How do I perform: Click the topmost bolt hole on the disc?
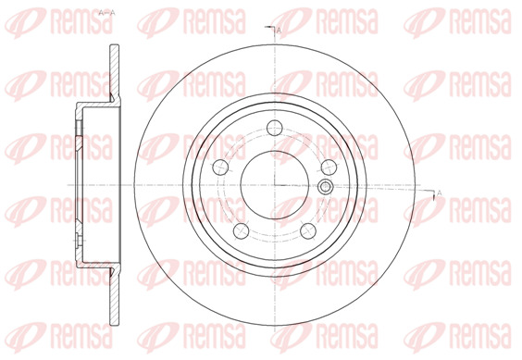275,128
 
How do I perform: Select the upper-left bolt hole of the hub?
220,167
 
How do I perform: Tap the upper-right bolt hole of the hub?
329,167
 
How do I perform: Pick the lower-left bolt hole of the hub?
242,230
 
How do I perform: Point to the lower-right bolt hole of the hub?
308,230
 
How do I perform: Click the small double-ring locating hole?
325,187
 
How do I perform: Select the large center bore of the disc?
275,185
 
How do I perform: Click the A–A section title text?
106,13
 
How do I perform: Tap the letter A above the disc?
279,31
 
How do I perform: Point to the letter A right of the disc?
439,192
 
